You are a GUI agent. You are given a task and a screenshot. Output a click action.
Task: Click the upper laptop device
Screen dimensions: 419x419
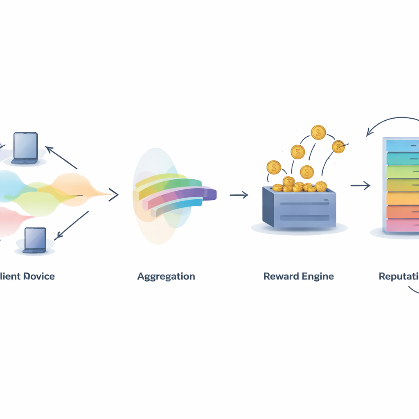[x=25, y=148]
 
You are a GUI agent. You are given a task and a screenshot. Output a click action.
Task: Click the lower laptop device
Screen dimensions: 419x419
[x=35, y=240]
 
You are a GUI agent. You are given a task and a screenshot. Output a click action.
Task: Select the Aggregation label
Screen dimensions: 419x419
[x=166, y=276]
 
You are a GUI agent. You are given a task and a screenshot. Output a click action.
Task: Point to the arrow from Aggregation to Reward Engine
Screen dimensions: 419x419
[x=239, y=195]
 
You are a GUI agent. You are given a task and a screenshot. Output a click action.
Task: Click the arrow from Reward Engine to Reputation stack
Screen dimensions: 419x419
[x=360, y=186]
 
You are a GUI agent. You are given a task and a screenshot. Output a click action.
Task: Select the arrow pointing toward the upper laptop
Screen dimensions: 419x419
[x=61, y=158]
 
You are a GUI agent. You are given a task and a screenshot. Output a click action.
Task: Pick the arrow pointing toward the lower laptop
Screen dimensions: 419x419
[x=72, y=225]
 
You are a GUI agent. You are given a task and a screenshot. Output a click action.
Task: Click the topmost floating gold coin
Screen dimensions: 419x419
[x=318, y=132]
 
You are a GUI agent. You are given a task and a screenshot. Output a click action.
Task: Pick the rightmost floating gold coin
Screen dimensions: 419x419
[x=338, y=146]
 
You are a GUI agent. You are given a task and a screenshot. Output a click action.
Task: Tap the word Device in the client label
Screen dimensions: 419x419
[x=39, y=276]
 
